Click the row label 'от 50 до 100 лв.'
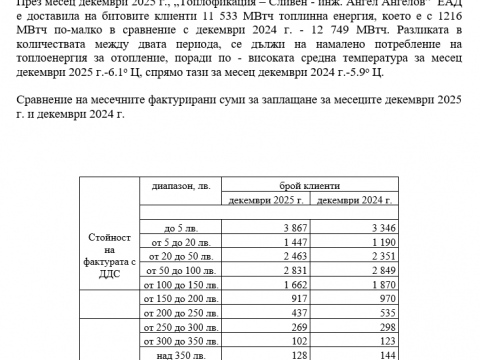(180, 271)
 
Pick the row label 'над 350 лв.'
(180, 355)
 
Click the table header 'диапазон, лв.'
(180, 186)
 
